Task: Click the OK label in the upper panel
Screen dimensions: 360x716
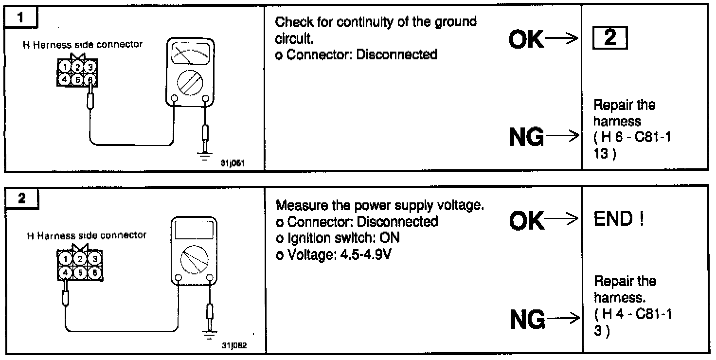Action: pos(527,40)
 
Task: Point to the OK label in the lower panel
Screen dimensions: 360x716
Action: pos(527,221)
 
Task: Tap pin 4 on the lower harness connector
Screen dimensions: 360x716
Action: pos(65,273)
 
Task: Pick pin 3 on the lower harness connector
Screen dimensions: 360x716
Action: pos(96,258)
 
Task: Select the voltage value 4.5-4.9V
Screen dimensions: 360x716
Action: pos(350,254)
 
